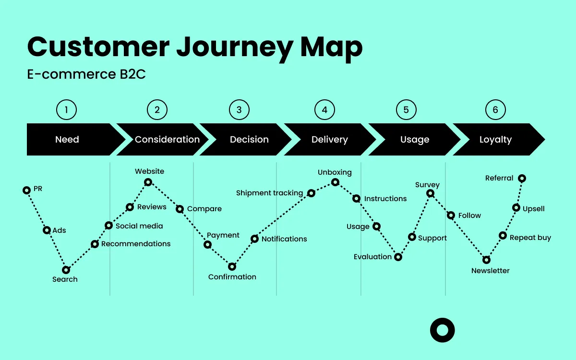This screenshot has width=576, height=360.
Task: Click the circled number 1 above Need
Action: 66,110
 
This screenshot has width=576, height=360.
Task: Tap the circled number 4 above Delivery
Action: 324,110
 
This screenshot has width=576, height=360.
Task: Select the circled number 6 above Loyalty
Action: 495,110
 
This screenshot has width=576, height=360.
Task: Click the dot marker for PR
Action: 27,190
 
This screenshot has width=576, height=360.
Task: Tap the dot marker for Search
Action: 66,270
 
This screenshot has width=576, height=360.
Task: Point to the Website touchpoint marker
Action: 148,182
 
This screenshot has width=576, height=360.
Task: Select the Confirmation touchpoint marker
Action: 232,266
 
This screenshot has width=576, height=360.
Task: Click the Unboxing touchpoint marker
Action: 335,182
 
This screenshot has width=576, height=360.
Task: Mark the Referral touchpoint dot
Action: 522,178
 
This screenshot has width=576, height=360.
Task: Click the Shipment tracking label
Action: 269,193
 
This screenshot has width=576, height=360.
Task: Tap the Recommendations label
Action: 136,244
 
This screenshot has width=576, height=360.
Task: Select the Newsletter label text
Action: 490,271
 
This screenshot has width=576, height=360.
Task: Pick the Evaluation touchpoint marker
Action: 398,257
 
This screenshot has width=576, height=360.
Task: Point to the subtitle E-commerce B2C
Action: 86,75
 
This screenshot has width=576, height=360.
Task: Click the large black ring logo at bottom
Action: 442,330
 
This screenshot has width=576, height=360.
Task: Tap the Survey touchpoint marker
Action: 431,193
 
